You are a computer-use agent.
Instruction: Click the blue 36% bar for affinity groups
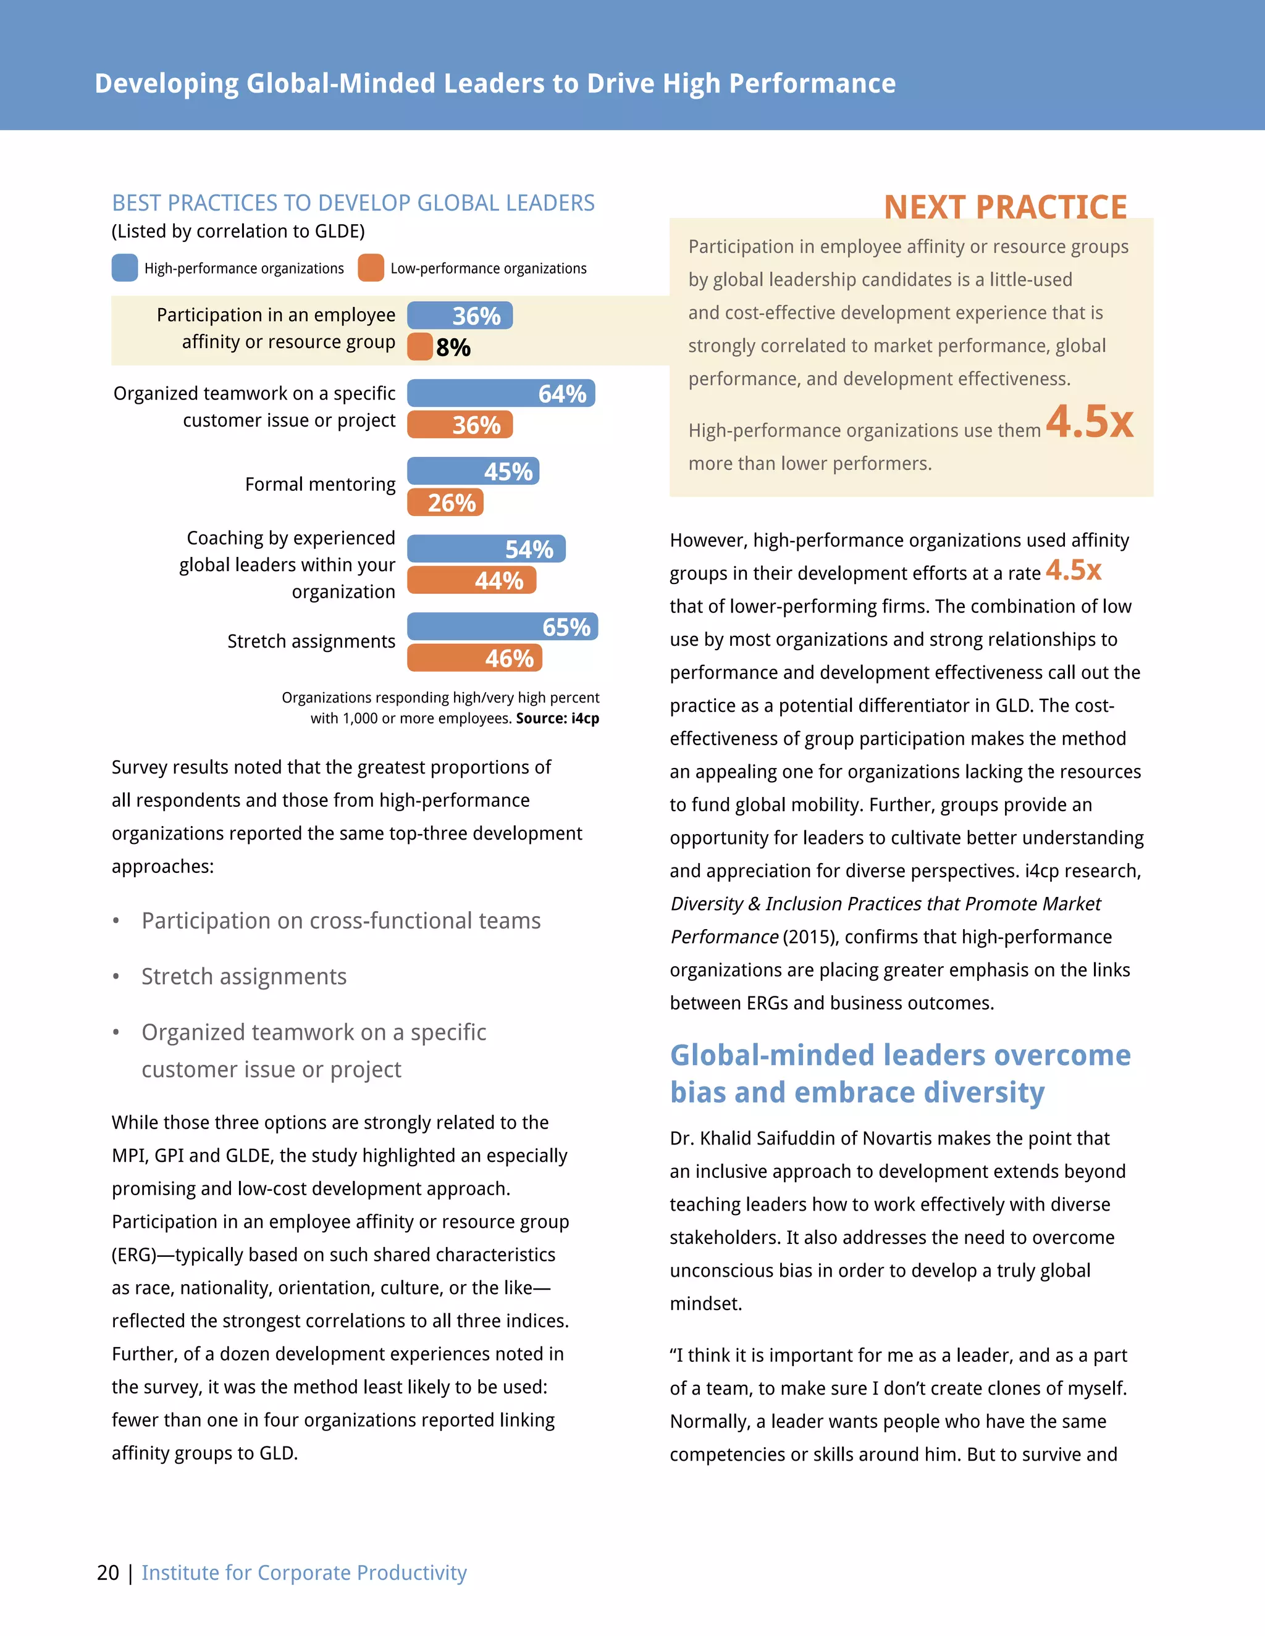point(460,315)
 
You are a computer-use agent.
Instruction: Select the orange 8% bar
point(419,347)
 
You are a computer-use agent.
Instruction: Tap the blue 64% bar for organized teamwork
point(500,393)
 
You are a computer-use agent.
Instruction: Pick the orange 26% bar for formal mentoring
point(445,503)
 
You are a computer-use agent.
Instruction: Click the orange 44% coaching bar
point(471,580)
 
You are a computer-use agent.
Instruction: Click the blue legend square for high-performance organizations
point(124,268)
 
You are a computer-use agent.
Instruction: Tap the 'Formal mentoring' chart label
point(320,485)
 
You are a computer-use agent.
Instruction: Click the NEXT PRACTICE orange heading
point(1005,207)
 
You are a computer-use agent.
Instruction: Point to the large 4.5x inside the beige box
point(1089,422)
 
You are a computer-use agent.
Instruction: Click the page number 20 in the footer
point(108,1572)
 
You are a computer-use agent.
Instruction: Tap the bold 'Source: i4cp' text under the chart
point(558,719)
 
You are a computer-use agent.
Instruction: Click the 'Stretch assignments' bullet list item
point(243,977)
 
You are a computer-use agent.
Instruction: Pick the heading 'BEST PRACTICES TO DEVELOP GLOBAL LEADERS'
point(353,203)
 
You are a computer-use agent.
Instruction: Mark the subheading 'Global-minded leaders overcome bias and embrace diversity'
point(899,1074)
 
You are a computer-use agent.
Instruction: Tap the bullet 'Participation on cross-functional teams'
point(341,920)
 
